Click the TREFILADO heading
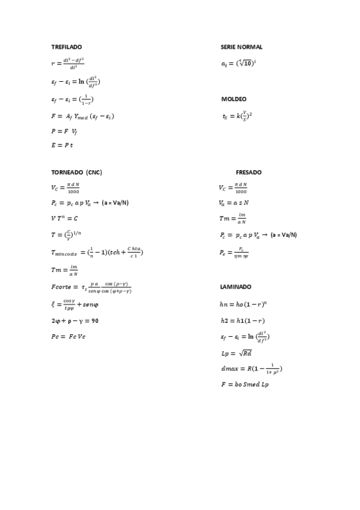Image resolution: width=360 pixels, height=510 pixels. point(66,47)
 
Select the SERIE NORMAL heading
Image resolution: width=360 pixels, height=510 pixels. point(242,47)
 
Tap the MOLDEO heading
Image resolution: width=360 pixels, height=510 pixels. point(234,99)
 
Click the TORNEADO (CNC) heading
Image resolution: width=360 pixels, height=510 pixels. point(76,172)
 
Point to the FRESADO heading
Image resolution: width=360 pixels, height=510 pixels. point(248,172)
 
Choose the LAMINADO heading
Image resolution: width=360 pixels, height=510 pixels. point(236,287)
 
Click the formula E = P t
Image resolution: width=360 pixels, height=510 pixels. point(62,145)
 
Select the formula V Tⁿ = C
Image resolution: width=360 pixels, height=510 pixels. point(65,218)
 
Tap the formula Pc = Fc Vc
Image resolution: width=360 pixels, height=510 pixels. point(69,336)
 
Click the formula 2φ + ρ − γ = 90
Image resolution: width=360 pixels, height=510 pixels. point(75,321)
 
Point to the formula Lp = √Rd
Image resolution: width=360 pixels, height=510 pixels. point(237,353)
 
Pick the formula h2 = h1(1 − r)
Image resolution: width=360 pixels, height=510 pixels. point(243,321)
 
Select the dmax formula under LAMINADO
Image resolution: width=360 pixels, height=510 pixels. point(251,368)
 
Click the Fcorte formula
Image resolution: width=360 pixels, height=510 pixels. point(91,287)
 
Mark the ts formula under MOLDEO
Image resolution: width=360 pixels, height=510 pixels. point(236,115)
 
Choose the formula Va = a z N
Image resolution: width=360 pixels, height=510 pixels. point(234,203)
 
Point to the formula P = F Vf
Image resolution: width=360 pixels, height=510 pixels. point(64,131)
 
